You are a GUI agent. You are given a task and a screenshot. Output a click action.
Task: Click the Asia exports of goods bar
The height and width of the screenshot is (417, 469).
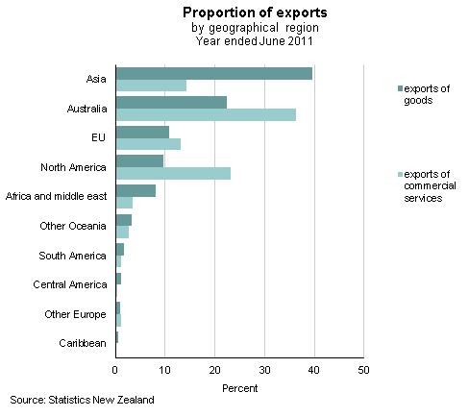click(x=213, y=74)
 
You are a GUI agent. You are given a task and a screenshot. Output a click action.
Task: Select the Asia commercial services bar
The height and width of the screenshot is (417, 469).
click(x=151, y=86)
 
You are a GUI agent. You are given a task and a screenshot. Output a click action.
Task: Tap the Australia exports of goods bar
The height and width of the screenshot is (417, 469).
click(x=171, y=103)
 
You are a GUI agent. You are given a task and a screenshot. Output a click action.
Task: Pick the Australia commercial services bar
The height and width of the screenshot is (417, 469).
click(x=206, y=114)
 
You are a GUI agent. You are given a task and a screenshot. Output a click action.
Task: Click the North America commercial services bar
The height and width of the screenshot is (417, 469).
click(x=173, y=173)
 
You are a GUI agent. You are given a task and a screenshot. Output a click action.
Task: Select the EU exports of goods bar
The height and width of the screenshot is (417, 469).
click(x=142, y=132)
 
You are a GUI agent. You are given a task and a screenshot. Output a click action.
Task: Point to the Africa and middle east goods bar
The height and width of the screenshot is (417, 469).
click(x=136, y=190)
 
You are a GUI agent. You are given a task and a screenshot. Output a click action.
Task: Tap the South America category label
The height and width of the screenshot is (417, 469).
click(x=73, y=256)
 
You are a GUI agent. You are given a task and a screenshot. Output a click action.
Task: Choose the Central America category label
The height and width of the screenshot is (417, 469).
click(x=69, y=284)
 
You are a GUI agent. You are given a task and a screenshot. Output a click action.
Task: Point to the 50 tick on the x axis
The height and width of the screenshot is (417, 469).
click(x=362, y=368)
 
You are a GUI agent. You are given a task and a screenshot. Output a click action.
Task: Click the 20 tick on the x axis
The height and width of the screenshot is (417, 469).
click(x=214, y=368)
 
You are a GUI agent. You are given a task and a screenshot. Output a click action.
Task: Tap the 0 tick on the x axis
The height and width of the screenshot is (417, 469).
click(x=115, y=368)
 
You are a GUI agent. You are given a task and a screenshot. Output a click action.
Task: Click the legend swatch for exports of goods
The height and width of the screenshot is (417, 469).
click(x=398, y=88)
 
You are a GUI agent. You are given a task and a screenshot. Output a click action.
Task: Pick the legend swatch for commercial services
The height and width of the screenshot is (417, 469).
click(x=398, y=174)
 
